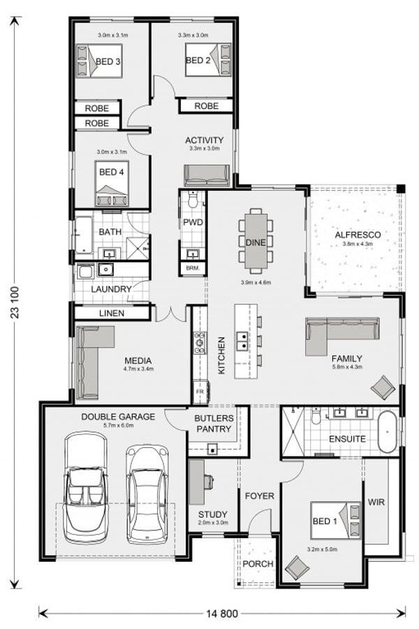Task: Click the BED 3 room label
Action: click(x=110, y=62)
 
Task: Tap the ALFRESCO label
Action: click(x=357, y=235)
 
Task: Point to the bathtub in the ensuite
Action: click(x=387, y=433)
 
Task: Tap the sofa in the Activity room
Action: click(x=207, y=175)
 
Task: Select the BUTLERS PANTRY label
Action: click(x=213, y=424)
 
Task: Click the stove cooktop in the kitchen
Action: click(x=200, y=342)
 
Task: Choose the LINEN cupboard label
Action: click(x=112, y=313)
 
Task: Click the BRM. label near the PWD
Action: click(x=191, y=268)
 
